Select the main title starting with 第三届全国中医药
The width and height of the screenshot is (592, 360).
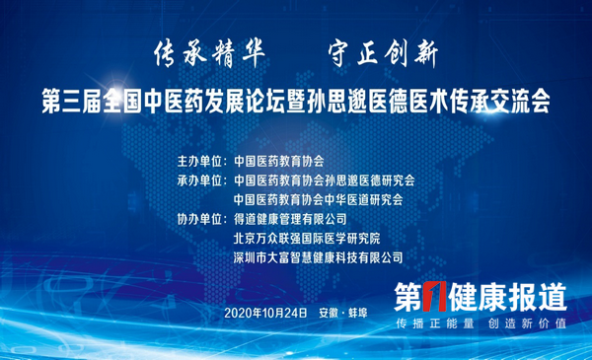point(296,100)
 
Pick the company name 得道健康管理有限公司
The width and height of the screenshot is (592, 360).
point(290,219)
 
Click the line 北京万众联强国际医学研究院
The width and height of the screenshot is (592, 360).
point(305,238)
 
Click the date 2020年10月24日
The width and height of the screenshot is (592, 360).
point(265,313)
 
